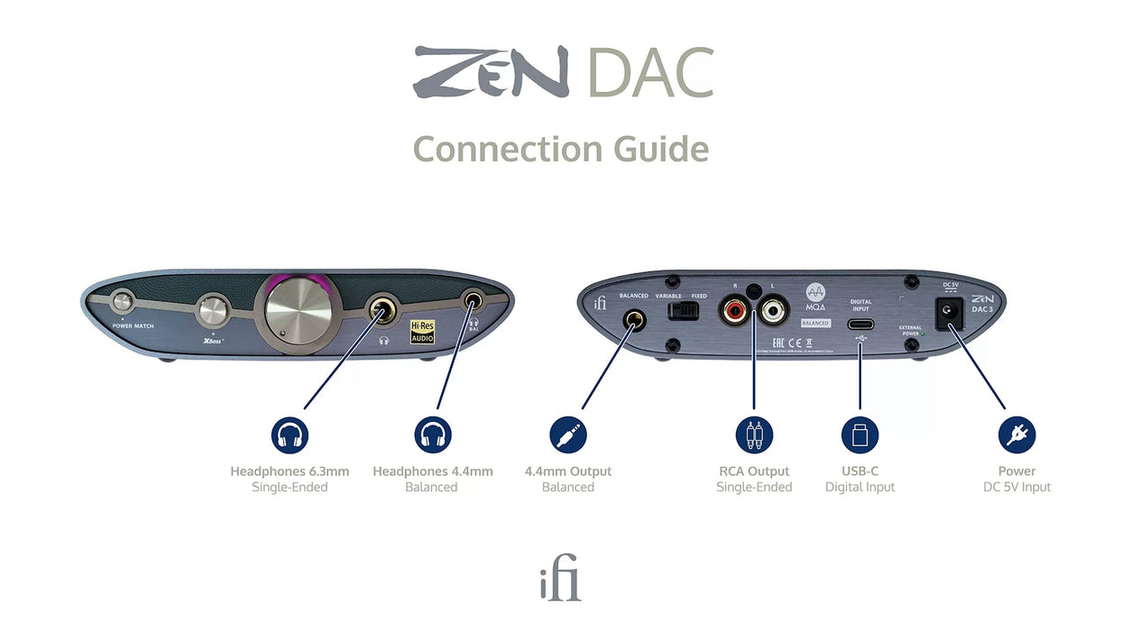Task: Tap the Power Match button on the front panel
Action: tap(122, 303)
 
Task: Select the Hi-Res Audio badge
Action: tap(422, 331)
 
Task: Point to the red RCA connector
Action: tap(732, 312)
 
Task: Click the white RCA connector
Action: tap(774, 312)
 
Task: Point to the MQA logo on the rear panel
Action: tap(815, 297)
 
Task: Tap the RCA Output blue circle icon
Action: tap(754, 435)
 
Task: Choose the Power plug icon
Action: tap(1016, 435)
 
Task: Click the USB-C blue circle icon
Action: tap(860, 435)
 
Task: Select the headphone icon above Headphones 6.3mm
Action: tap(290, 435)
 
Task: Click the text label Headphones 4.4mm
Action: tap(432, 471)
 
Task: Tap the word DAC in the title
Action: tap(649, 74)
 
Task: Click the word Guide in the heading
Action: tap(655, 149)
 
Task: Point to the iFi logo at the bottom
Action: tap(560, 582)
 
